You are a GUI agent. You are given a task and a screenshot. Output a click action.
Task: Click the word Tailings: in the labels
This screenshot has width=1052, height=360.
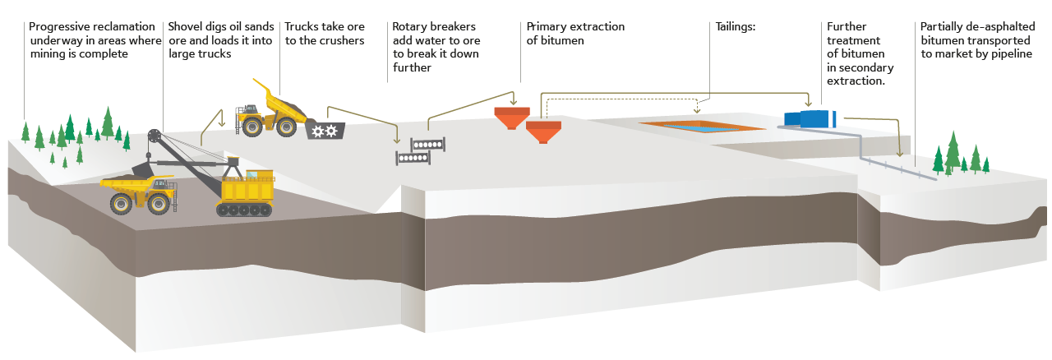click(735, 27)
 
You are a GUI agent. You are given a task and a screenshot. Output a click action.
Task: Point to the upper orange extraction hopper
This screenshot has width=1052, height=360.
click(510, 117)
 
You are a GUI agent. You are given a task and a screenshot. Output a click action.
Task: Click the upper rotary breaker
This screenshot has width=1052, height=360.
click(428, 145)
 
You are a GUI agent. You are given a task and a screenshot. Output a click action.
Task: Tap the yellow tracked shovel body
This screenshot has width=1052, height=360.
click(246, 189)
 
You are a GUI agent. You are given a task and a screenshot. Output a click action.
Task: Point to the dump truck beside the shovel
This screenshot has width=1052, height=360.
click(135, 192)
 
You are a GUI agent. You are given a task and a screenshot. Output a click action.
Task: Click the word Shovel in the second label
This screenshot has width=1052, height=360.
click(185, 27)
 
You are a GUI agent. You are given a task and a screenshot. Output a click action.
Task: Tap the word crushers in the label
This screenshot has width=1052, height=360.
click(342, 40)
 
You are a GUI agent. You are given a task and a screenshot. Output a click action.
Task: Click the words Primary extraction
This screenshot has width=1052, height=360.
click(575, 27)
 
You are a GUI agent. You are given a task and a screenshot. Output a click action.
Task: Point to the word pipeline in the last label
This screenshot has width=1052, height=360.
click(1008, 54)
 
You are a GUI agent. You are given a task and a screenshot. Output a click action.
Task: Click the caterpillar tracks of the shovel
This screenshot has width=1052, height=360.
click(244, 209)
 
